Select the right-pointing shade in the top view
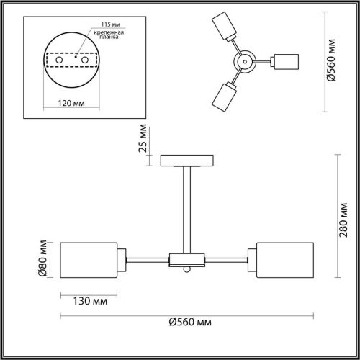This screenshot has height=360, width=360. [x=287, y=61]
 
